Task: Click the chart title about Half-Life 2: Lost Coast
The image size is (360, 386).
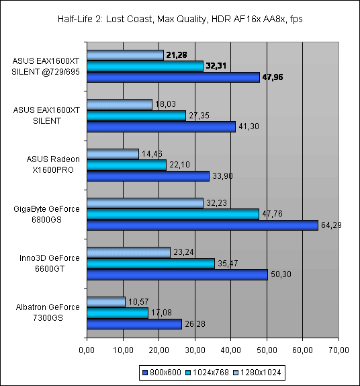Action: coord(180,19)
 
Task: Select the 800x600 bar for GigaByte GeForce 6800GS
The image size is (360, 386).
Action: coord(203,225)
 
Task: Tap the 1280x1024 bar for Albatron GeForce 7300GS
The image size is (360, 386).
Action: coord(106,302)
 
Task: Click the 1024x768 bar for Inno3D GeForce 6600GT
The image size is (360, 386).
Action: coord(151,264)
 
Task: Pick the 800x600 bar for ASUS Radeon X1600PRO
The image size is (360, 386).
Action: coord(148,176)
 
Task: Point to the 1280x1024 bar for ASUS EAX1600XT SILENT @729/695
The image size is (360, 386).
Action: coord(126,55)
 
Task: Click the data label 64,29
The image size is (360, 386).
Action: coord(331,225)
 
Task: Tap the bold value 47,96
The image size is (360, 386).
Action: coord(273,77)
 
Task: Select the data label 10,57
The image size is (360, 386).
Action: coord(138,301)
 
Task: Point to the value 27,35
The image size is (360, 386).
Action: coord(199,115)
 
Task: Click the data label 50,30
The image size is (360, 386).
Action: coord(281,274)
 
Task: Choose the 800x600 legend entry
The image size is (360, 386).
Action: coord(162,373)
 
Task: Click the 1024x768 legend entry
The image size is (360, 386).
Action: coord(208,373)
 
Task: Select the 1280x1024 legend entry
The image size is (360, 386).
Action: coord(257,373)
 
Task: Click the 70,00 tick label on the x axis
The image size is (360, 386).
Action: coord(339,350)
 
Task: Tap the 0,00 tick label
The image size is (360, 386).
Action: coord(87,350)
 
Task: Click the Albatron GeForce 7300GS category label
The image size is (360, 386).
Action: coord(48,313)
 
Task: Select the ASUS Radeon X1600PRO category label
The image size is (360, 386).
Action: coord(53,165)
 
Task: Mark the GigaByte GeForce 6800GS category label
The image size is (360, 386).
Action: coord(46,214)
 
